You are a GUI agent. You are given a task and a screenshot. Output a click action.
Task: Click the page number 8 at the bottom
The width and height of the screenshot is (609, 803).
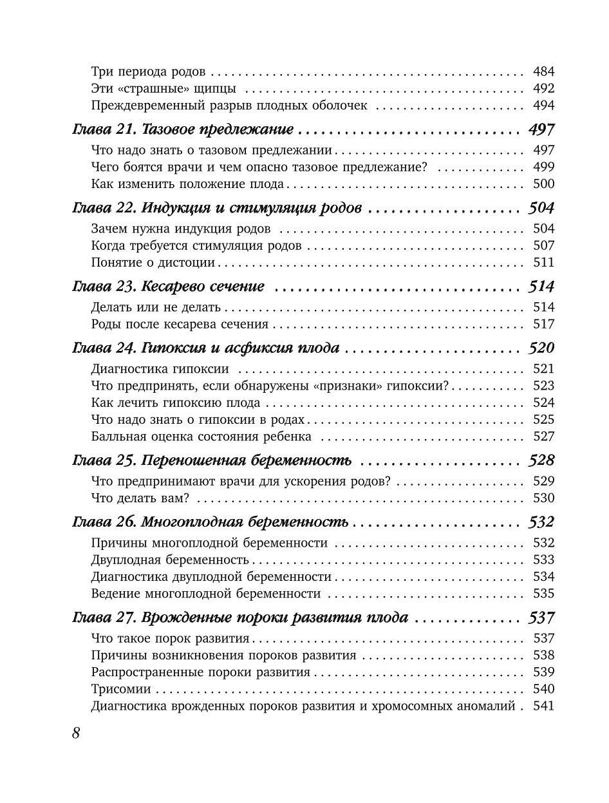[75, 733]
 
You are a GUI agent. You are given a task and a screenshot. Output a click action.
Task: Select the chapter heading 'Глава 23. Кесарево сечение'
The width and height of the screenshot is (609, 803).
[168, 287]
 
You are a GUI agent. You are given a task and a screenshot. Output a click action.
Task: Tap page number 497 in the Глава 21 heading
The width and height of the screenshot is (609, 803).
[541, 129]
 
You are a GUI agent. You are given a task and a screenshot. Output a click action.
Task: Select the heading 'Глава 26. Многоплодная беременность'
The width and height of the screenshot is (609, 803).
[210, 522]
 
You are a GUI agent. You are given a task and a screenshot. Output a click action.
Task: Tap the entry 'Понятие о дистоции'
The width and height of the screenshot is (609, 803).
[154, 263]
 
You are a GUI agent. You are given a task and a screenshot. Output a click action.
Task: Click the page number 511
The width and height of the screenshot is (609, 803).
[544, 263]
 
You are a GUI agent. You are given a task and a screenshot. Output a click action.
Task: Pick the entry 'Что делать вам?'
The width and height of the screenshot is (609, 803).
[144, 498]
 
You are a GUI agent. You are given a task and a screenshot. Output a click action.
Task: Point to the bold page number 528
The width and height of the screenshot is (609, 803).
[541, 461]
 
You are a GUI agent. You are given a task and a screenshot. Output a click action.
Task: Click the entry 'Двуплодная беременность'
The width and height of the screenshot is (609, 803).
[170, 560]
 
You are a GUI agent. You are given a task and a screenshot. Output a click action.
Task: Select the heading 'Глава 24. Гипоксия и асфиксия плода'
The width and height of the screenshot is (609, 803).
[205, 348]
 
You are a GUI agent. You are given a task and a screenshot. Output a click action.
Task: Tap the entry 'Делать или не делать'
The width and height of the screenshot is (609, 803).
[156, 307]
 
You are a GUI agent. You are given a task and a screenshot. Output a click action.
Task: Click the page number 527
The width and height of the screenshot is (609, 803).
[544, 437]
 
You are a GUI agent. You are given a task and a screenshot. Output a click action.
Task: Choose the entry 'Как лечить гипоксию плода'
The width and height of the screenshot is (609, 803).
[176, 403]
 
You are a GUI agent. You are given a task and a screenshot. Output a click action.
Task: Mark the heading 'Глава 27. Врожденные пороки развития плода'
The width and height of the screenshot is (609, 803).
[240, 618]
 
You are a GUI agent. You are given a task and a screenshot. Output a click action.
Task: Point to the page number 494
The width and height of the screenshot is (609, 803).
[544, 106]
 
